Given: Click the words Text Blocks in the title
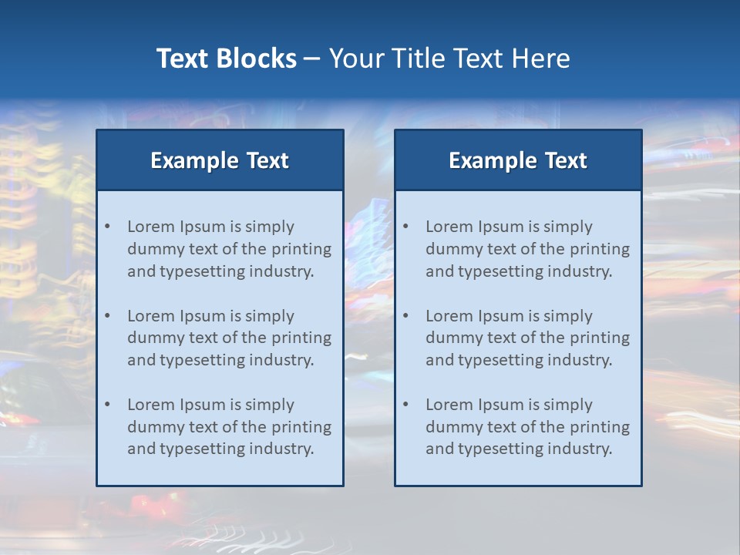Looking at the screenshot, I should pos(226,59).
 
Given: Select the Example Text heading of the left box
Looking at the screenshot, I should pos(220,160).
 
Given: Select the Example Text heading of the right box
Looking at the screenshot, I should pos(518,160).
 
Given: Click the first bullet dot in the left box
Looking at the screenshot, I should pos(108,227).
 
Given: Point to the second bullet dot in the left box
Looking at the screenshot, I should pos(108,316).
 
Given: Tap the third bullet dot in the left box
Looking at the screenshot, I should pos(108,405).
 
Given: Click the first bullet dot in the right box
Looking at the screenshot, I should pos(406,227).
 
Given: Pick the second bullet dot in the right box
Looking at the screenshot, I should pos(406,316).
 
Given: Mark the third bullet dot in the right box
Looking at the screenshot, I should pos(406,405).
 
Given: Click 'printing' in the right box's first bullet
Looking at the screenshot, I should pos(600,249).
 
